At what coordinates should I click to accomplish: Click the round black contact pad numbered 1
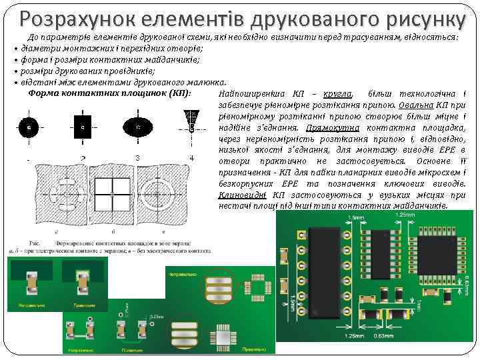[29, 126]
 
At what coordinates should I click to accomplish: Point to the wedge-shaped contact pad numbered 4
[191, 120]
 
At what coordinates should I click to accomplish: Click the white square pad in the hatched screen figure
[113, 193]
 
